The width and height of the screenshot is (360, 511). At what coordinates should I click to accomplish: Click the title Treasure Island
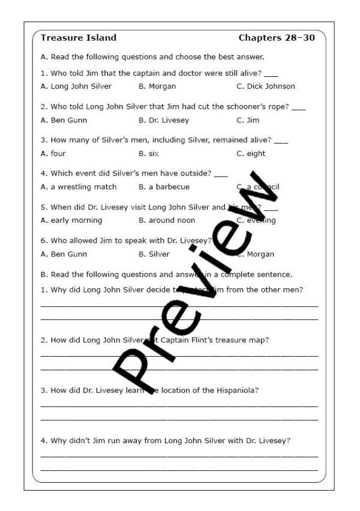(78, 38)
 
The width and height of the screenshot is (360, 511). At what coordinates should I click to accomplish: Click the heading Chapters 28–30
(277, 38)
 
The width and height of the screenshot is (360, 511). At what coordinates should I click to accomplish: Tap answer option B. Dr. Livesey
(163, 120)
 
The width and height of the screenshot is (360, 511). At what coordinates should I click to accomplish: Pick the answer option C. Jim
(248, 120)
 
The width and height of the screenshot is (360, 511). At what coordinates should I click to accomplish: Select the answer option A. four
(53, 154)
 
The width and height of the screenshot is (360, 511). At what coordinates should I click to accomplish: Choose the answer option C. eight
(251, 154)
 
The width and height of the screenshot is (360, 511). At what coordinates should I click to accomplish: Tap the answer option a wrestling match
(79, 187)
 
